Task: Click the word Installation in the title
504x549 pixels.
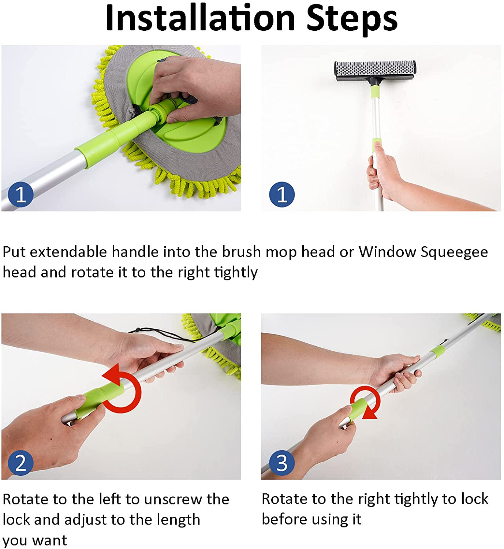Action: (x=200, y=18)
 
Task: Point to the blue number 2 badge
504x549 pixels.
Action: (x=21, y=463)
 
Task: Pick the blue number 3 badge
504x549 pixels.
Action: (x=282, y=463)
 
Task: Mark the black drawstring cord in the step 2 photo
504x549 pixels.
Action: (x=161, y=335)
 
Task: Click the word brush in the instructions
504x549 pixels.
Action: (x=241, y=252)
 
